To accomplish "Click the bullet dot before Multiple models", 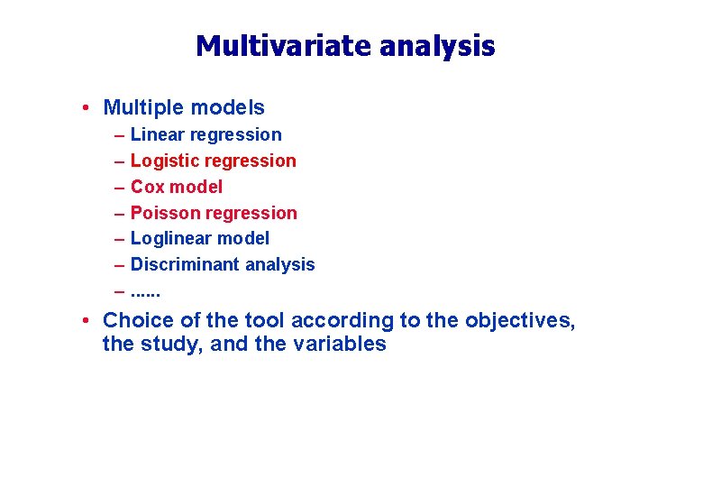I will (83, 108).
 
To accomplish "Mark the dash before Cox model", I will (119, 188).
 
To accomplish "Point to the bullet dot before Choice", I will (83, 321).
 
